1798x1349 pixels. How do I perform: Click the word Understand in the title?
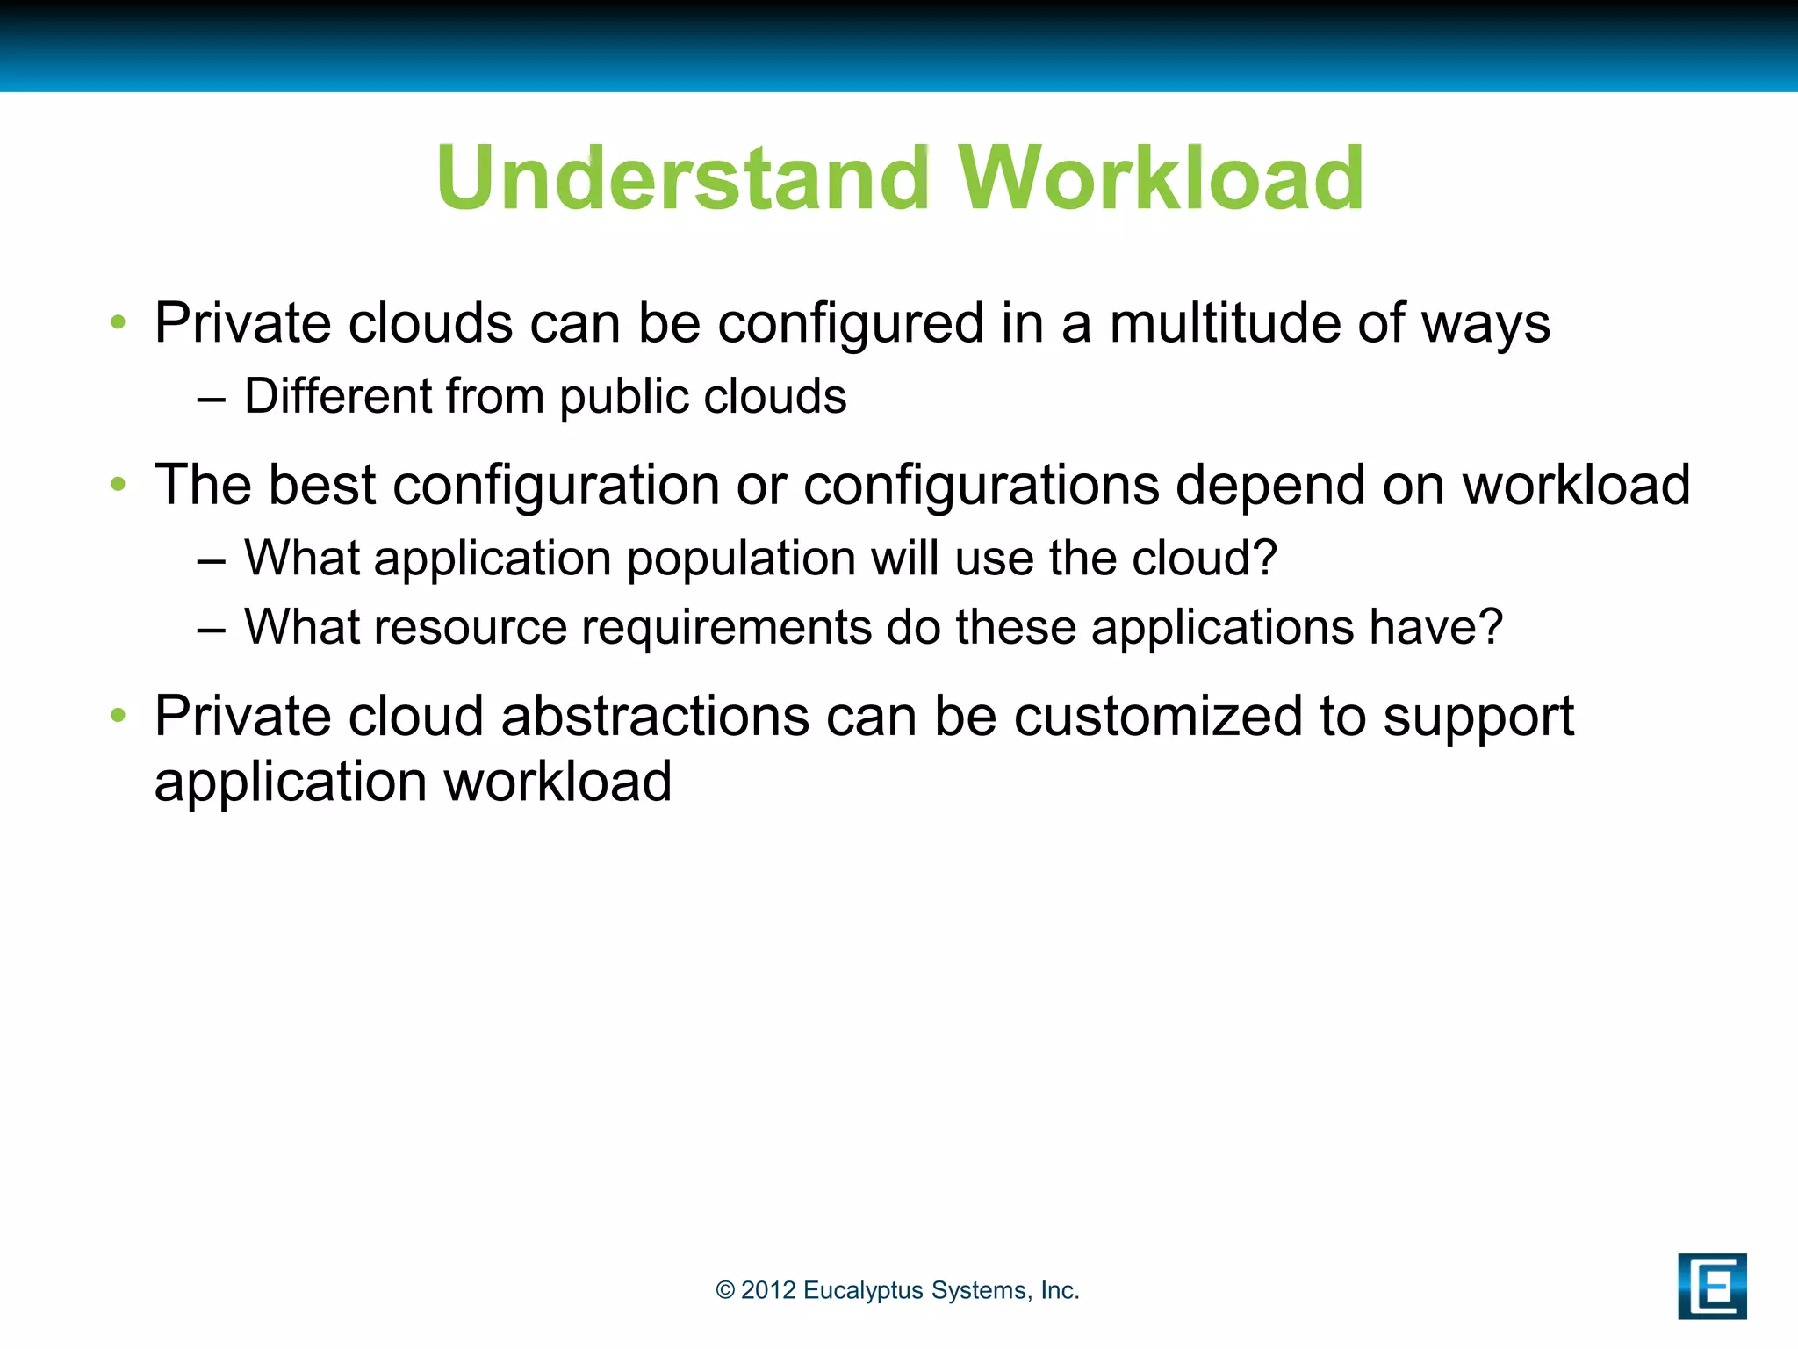pos(682,178)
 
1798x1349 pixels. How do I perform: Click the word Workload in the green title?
pos(1161,178)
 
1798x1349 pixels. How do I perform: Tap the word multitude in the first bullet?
pos(1226,323)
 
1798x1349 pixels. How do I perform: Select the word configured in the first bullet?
pos(851,323)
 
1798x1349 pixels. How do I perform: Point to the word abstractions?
pos(655,716)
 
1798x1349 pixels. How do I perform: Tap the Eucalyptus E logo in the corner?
pos(1711,1286)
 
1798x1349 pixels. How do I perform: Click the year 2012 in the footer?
pos(768,1290)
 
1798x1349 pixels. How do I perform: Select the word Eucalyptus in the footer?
pos(863,1290)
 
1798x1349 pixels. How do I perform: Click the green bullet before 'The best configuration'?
pos(119,484)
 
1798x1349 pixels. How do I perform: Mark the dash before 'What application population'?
pos(212,559)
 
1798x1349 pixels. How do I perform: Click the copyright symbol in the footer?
pos(725,1290)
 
